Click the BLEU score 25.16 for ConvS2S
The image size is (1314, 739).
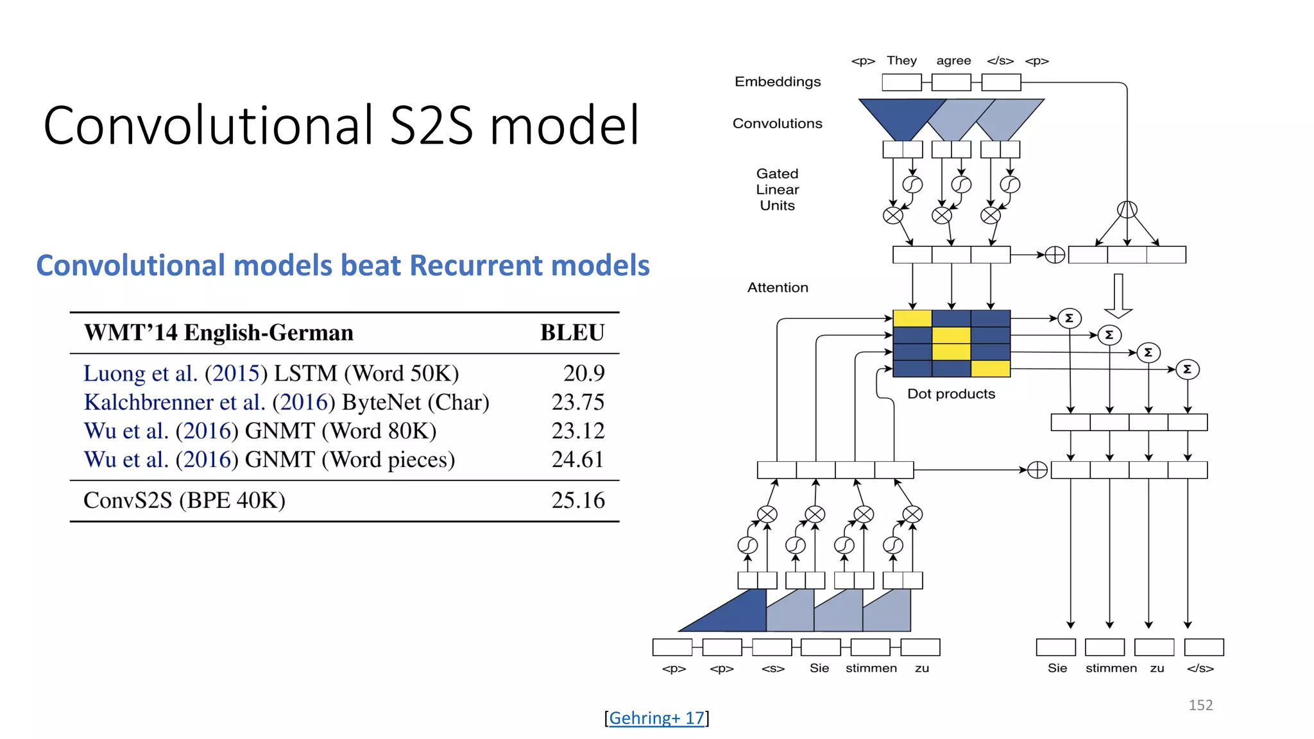coord(577,500)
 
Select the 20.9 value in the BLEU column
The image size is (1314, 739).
coord(583,373)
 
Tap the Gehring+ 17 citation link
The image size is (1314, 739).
coord(656,718)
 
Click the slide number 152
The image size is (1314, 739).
coord(1200,705)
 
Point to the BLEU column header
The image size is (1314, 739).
coord(572,333)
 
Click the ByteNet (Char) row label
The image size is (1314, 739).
coord(415,402)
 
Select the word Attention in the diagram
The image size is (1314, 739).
coord(778,288)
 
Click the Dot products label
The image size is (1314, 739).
coord(951,394)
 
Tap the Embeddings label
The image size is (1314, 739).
coord(778,82)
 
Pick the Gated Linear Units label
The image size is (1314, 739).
coord(778,190)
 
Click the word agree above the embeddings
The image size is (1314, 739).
coord(953,61)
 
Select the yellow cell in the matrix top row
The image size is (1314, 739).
coord(912,319)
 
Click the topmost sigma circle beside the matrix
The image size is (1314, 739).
coord(1070,318)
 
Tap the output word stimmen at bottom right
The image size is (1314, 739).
coord(1111,668)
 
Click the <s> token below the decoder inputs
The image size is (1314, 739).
coord(772,668)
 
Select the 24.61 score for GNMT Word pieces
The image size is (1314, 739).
coord(577,459)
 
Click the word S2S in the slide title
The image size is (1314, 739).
coord(431,125)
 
